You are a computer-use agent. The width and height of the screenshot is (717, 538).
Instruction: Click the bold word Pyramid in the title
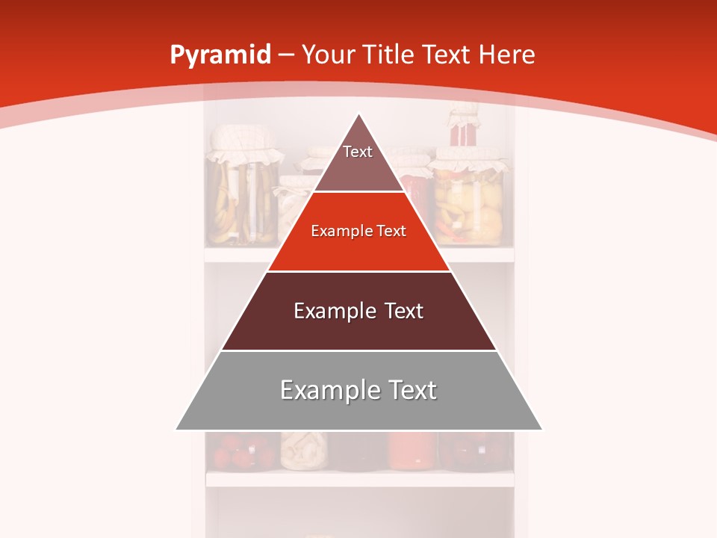point(220,55)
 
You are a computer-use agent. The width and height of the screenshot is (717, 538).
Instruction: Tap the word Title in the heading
point(390,55)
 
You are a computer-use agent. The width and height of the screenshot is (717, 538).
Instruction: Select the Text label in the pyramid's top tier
point(358,152)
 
